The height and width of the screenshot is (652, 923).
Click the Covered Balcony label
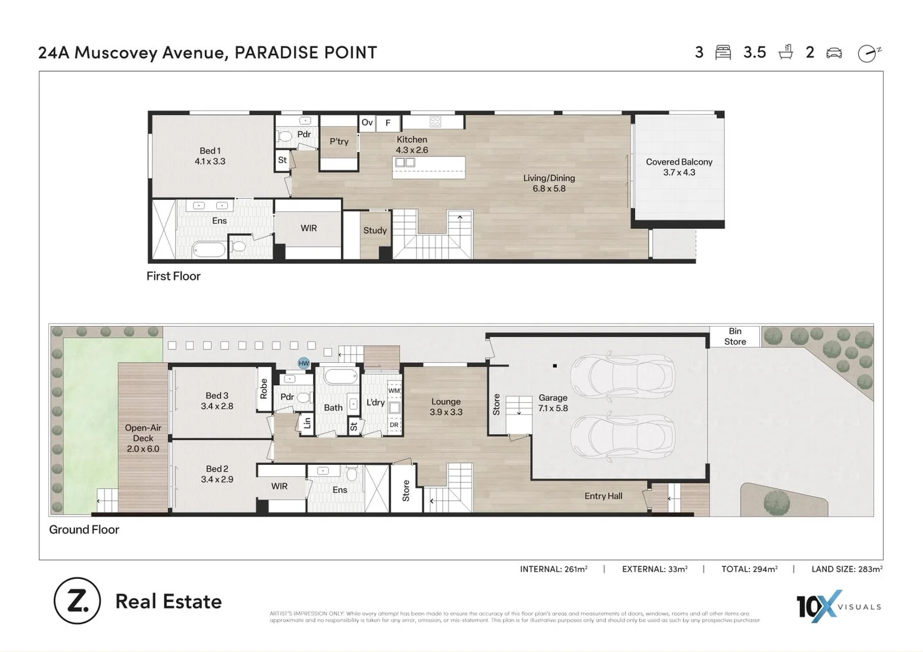tap(679, 167)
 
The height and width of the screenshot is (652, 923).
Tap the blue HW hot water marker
tap(303, 363)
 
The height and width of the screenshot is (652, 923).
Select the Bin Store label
tap(734, 336)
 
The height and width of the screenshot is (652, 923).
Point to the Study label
tap(375, 230)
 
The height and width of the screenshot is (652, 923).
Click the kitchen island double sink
tap(404, 162)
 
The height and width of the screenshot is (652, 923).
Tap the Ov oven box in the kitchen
tap(367, 123)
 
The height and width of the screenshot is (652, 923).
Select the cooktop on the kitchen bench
tap(435, 122)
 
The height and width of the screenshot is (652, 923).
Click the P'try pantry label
tap(338, 141)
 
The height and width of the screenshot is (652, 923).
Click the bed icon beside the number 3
tap(723, 53)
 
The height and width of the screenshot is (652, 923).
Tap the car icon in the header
tap(834, 53)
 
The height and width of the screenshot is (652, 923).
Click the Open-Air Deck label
tap(143, 438)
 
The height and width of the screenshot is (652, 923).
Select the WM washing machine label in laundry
tap(394, 391)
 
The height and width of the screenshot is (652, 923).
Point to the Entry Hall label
tap(603, 496)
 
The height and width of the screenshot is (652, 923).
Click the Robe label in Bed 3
tap(264, 389)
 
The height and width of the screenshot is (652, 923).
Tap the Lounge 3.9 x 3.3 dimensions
tap(446, 412)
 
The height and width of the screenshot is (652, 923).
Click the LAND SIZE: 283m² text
tap(846, 569)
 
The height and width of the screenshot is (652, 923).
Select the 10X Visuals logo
tap(838, 606)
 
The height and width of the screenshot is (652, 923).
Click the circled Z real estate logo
tap(77, 601)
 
